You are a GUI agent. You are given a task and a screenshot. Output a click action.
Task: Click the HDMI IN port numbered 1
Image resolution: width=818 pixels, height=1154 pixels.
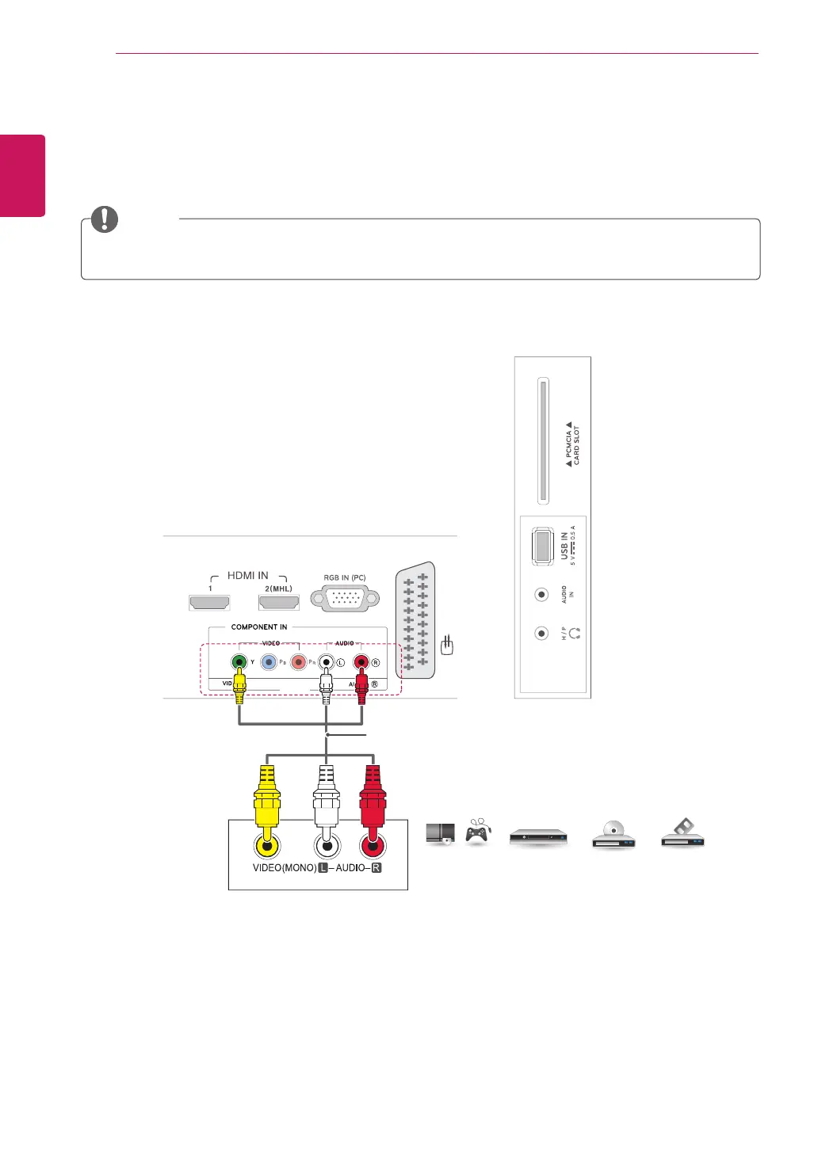(x=209, y=603)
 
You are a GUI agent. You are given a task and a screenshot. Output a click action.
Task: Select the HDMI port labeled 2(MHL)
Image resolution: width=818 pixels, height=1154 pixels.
(x=279, y=603)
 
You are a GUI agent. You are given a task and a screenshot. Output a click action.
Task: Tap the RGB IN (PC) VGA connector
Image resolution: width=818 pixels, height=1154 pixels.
(x=345, y=599)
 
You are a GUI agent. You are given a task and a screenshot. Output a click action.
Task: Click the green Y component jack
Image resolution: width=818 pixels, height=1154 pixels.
(x=239, y=662)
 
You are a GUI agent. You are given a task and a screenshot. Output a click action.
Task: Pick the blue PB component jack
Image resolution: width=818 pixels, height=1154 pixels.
(x=269, y=662)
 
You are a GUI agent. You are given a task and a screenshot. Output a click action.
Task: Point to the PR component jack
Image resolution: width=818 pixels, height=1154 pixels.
(x=298, y=662)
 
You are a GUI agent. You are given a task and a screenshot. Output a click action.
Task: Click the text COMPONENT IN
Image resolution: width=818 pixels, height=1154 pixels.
(x=259, y=627)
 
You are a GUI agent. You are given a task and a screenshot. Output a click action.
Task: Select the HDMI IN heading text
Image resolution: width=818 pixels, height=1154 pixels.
(x=247, y=576)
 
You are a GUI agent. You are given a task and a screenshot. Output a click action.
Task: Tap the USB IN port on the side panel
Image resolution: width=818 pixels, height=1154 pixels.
(x=543, y=546)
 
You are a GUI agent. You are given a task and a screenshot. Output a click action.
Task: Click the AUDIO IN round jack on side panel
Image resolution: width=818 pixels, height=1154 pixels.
(x=541, y=594)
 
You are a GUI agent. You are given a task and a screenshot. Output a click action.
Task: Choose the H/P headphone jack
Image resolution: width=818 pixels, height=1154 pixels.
(x=541, y=634)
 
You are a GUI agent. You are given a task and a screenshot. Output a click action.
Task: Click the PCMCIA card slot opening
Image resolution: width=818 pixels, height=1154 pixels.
(x=543, y=440)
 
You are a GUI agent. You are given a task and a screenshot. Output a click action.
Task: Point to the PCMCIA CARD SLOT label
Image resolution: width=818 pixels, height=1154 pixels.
(x=572, y=444)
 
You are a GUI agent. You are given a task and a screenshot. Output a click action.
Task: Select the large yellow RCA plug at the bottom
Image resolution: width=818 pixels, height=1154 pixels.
(x=267, y=800)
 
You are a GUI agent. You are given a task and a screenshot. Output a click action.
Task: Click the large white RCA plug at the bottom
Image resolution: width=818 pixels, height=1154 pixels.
(x=327, y=800)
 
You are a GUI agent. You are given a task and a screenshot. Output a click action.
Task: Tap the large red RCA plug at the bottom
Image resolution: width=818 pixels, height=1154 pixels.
(x=372, y=800)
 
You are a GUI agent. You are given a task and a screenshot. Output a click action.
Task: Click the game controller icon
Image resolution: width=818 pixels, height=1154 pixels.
(x=476, y=832)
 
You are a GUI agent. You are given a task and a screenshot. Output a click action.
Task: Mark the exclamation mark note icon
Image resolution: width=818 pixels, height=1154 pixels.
(x=105, y=219)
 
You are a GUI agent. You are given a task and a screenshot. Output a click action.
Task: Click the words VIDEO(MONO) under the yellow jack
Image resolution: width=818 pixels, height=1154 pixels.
(x=284, y=868)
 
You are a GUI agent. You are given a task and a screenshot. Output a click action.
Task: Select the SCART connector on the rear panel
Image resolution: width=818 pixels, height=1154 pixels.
(x=416, y=621)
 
